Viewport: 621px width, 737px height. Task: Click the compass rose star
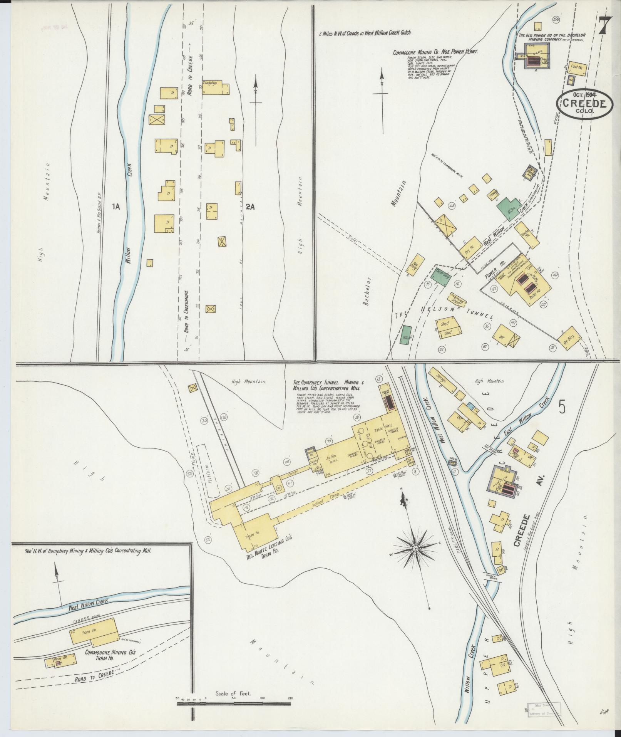coord(416,548)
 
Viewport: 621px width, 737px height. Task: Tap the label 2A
coord(250,207)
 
